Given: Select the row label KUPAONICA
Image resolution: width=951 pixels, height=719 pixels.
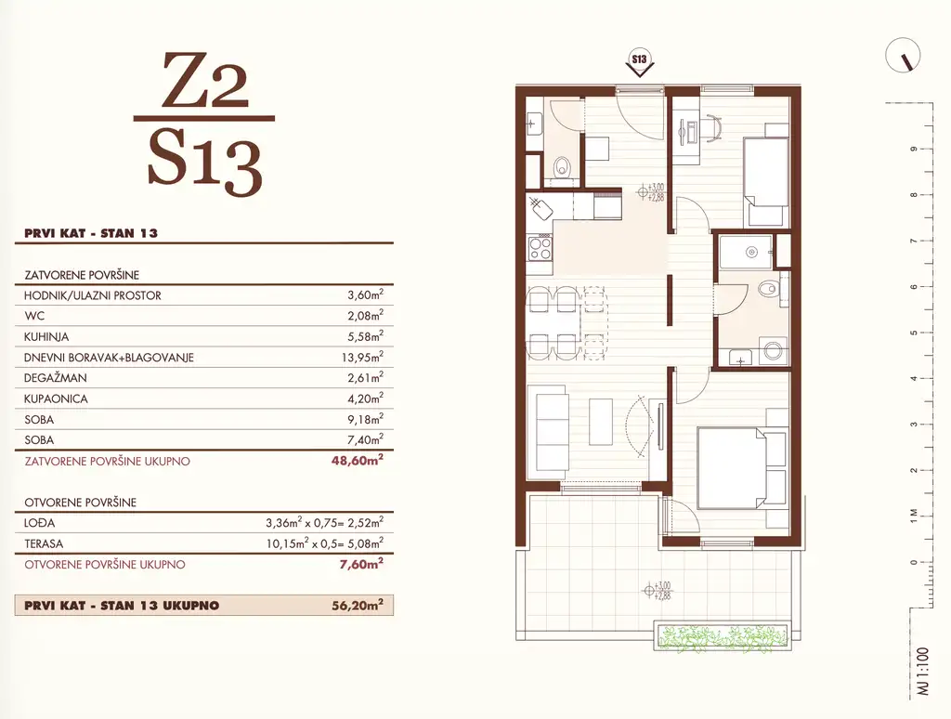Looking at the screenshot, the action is [x=56, y=399].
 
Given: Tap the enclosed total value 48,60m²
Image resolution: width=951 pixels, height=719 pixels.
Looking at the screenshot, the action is [x=358, y=460].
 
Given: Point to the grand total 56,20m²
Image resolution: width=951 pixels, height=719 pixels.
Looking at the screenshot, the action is [x=358, y=605].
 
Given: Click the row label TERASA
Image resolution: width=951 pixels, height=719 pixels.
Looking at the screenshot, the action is [x=44, y=543].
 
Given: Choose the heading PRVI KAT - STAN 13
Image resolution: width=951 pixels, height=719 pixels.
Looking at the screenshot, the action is [x=91, y=233].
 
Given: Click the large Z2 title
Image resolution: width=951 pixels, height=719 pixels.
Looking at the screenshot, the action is [x=205, y=81].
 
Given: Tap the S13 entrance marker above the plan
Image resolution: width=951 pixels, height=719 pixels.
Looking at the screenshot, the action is [x=639, y=61].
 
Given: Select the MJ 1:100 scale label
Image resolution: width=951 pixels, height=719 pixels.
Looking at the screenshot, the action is [x=923, y=671].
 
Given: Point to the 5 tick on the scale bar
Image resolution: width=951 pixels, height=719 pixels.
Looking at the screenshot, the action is [x=914, y=333].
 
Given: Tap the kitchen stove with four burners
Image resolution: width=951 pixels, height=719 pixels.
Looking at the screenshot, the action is [x=540, y=247].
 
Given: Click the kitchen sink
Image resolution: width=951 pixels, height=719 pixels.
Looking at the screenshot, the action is [x=540, y=208].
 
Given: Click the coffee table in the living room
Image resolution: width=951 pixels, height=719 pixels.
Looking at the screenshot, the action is [x=602, y=423].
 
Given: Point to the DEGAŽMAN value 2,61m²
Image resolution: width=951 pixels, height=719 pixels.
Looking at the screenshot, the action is [x=365, y=377].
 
